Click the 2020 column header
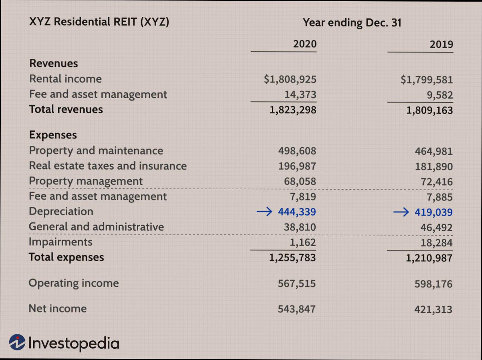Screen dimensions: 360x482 click(x=305, y=44)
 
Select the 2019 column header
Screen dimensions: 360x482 click(x=441, y=44)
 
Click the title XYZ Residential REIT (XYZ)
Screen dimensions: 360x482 click(x=99, y=22)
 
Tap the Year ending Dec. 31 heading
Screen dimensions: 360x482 click(x=352, y=22)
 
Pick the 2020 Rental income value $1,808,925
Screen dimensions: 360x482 click(x=290, y=79)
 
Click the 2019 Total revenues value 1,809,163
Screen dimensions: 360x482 click(x=430, y=110)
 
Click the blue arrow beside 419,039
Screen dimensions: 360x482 click(x=402, y=212)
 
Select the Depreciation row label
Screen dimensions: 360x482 click(x=61, y=212)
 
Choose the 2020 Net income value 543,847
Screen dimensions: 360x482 click(x=296, y=309)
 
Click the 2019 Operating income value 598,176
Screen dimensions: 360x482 click(x=434, y=284)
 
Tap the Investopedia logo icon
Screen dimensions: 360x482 click(x=17, y=343)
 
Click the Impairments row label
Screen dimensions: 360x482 click(x=61, y=242)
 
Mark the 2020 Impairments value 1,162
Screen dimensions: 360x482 click(x=303, y=243)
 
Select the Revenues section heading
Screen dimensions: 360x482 click(x=54, y=63)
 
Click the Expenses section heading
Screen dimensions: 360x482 click(x=53, y=135)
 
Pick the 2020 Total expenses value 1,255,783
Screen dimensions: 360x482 click(x=292, y=258)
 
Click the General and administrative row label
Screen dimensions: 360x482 click(x=96, y=227)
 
